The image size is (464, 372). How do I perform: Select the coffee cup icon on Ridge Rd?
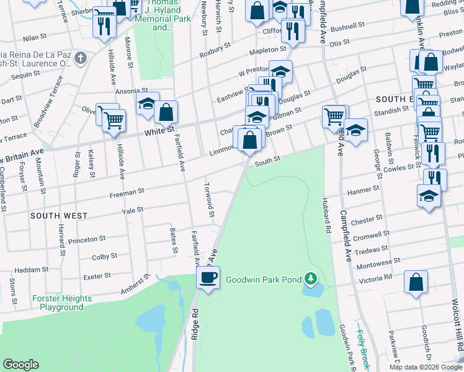point(208,277)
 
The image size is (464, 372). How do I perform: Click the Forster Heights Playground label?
point(62,303)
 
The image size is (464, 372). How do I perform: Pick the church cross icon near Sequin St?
point(80,59)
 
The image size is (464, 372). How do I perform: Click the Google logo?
point(21,364)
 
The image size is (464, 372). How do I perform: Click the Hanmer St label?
point(365,190)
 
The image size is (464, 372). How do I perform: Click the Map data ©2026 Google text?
point(426,367)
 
